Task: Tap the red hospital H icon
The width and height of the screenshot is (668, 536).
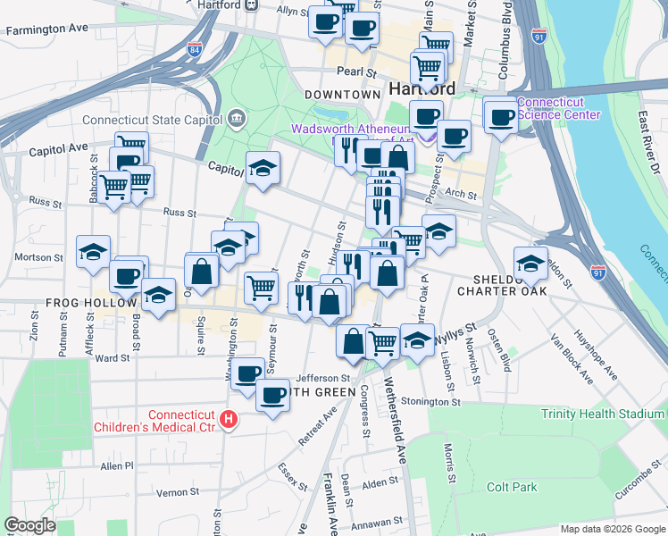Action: click(230, 418)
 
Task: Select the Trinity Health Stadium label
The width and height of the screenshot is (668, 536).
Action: click(603, 414)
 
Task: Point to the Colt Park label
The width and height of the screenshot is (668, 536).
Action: click(512, 487)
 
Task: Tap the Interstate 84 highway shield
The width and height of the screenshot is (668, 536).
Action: click(196, 51)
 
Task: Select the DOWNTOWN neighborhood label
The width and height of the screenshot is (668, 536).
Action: click(343, 95)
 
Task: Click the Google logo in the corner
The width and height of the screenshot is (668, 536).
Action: click(29, 525)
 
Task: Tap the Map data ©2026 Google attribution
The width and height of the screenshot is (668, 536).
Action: click(612, 529)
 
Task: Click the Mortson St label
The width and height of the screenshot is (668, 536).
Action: click(38, 257)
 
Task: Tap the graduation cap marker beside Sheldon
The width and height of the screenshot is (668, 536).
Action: click(530, 261)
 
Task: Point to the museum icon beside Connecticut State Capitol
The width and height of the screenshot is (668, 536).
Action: click(237, 117)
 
